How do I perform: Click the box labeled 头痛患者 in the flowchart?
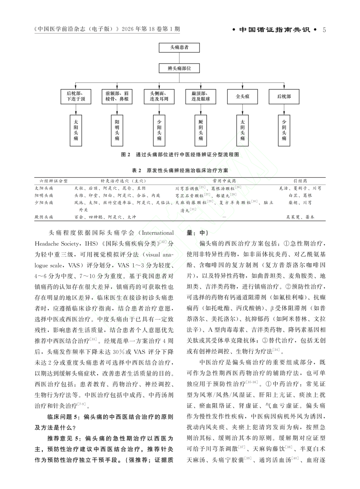179,48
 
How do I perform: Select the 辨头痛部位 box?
179,69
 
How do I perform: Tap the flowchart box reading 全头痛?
242,97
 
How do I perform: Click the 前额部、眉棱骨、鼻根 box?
117,96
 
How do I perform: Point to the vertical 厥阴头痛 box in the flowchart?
201,130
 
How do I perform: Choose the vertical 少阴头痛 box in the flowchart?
284,130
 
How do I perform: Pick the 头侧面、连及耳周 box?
159,96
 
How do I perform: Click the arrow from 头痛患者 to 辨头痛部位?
179,58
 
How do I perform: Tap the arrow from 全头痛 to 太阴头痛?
242,109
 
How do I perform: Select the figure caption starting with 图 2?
180,155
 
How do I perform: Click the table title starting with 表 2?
180,170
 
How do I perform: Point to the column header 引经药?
300,181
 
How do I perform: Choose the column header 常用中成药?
224,181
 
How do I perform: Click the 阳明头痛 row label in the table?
44,195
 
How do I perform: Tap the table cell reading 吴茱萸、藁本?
300,217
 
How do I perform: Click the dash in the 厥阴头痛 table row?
224,217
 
